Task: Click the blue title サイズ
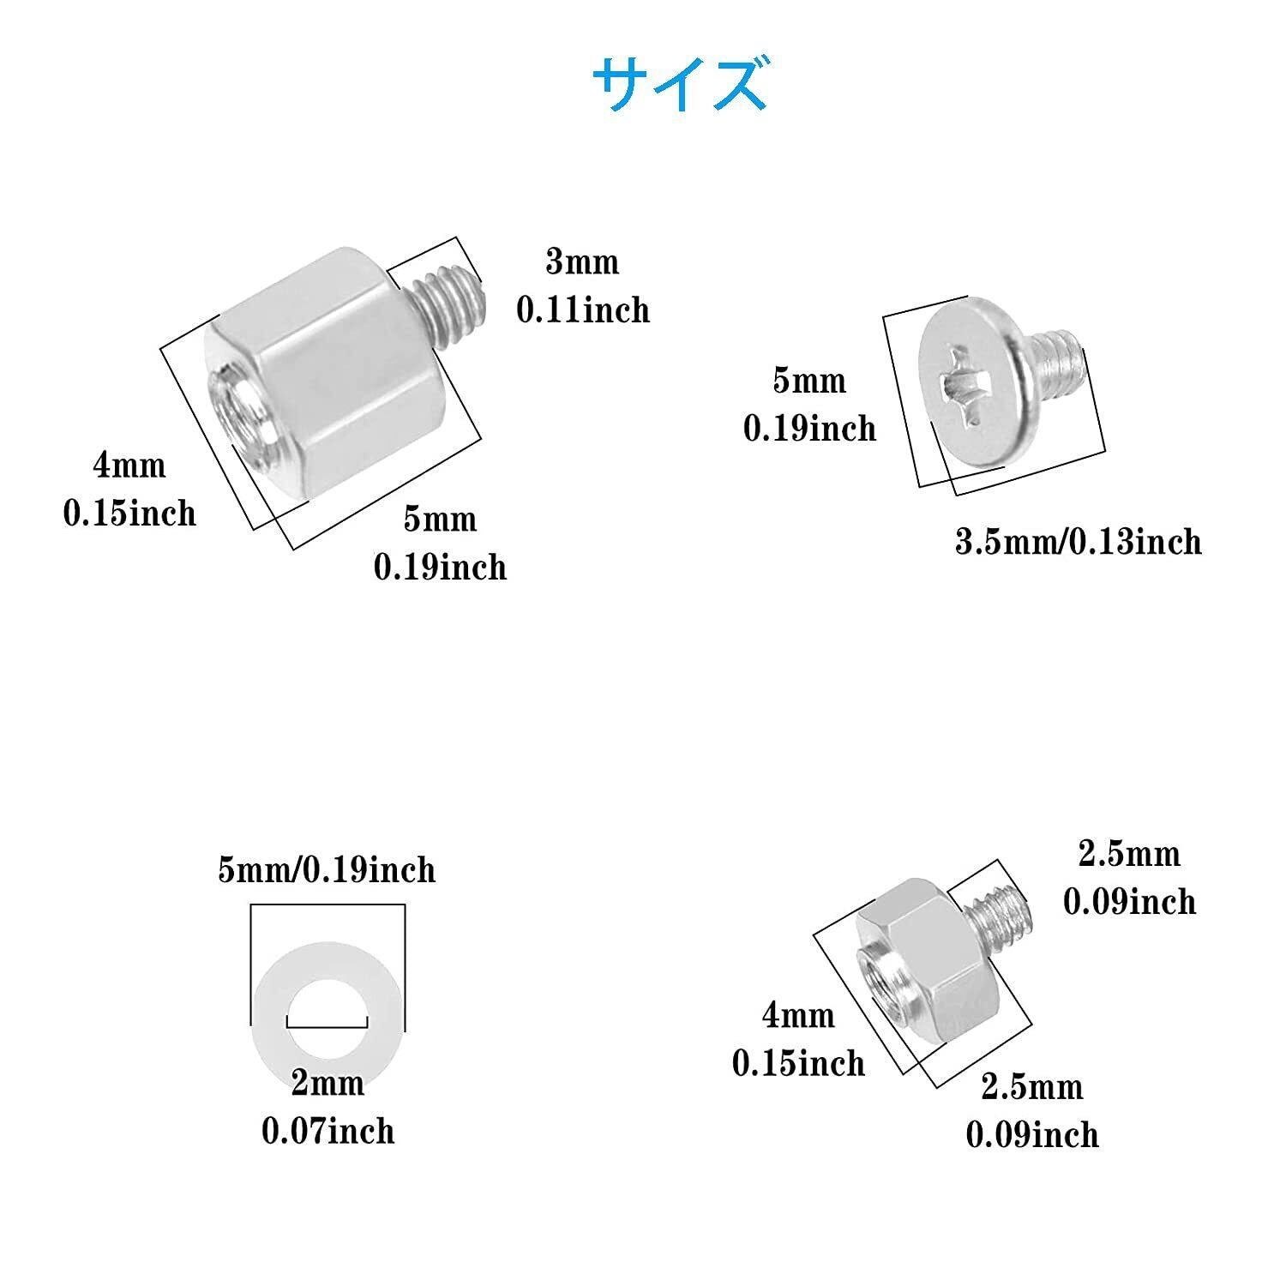[678, 84]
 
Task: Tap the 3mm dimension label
[582, 261]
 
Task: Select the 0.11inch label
[583, 309]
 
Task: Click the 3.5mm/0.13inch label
[1079, 541]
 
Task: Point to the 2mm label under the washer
[328, 1083]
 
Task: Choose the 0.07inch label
[328, 1131]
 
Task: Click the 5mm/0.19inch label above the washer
[327, 870]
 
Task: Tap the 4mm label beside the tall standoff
[129, 466]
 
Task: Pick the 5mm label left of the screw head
[809, 381]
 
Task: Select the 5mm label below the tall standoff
[440, 519]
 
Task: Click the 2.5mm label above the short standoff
[1129, 853]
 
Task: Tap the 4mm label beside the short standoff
[798, 1015]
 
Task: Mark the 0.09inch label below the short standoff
[1032, 1134]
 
